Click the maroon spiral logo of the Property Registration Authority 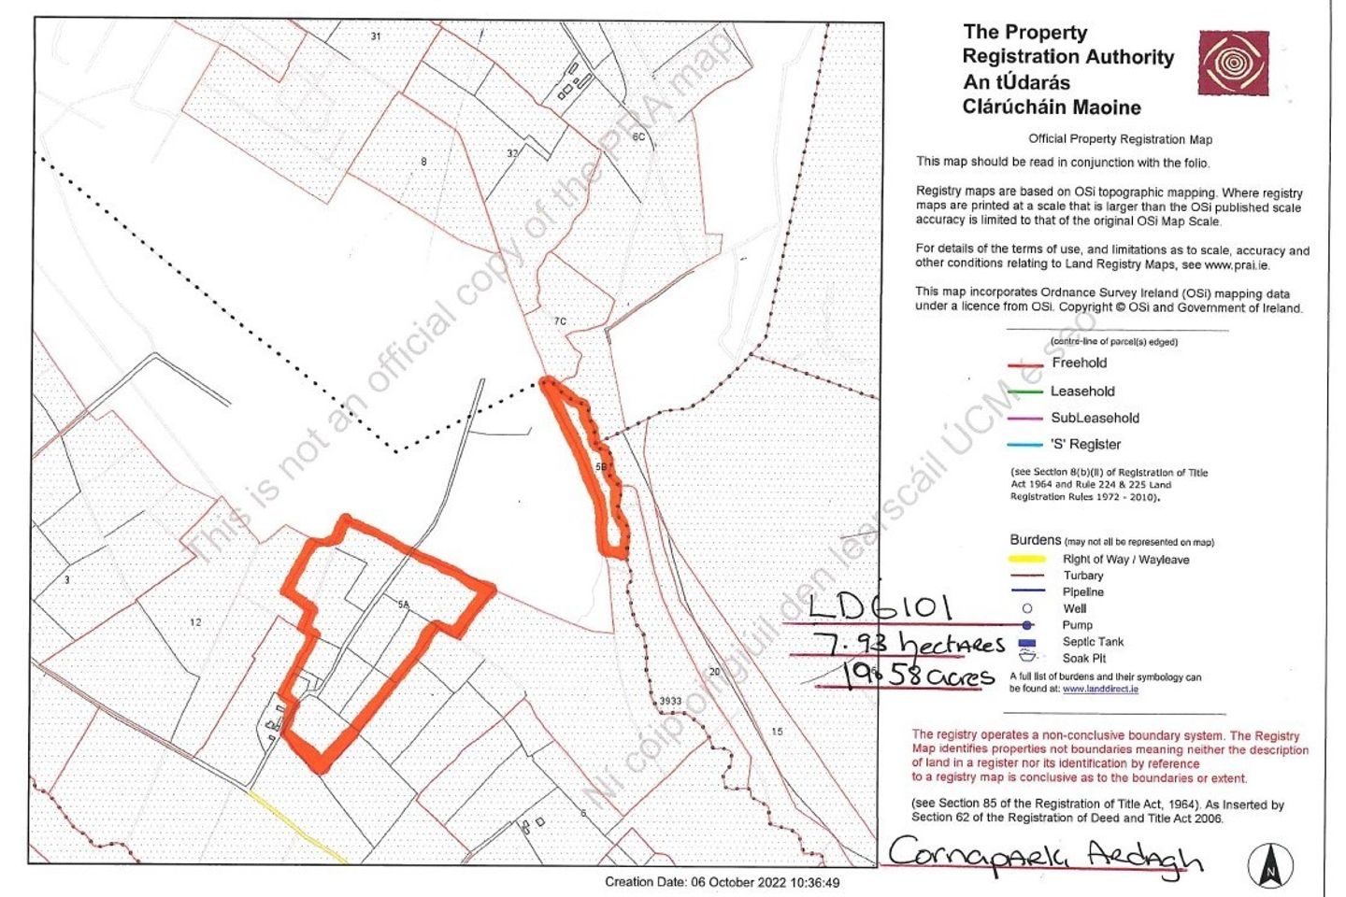1233,63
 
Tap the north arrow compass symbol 1270,864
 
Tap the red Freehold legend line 1024,364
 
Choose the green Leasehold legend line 1024,392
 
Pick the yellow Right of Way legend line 1027,559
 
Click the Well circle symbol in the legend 1027,608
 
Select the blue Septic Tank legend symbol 1027,642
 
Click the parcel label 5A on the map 404,605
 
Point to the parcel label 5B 601,466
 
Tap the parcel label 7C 560,321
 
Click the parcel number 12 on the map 195,622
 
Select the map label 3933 670,701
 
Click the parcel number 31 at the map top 376,36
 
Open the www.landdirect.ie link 1100,689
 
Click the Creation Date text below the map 722,882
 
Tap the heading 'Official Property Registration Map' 1120,139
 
